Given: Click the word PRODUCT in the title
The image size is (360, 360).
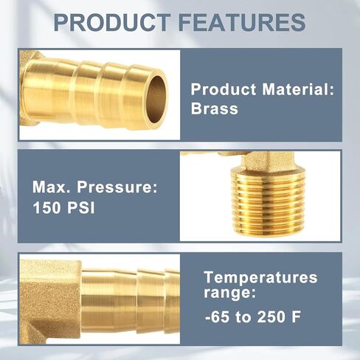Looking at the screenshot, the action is click(112, 23).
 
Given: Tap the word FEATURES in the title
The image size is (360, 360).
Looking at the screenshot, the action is click(243, 23).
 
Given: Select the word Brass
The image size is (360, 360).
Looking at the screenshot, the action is click(215, 108).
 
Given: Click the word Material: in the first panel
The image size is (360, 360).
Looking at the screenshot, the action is click(298, 89).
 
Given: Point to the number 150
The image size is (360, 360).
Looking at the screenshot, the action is click(46, 207).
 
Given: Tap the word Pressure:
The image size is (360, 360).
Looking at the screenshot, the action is click(117, 187).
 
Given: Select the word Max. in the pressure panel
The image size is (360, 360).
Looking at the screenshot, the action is click(52, 187).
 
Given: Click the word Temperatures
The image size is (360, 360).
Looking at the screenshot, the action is click(260, 277).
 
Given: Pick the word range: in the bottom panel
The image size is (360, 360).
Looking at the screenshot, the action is click(229, 293).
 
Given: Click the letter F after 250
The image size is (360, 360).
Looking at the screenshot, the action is click(296, 316).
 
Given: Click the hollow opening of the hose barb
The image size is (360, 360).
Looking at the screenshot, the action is click(156, 100).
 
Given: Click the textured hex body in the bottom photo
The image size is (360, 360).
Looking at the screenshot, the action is click(50, 299).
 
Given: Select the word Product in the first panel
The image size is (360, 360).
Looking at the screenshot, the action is click(224, 89).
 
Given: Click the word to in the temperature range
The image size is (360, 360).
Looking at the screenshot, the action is click(243, 317).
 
